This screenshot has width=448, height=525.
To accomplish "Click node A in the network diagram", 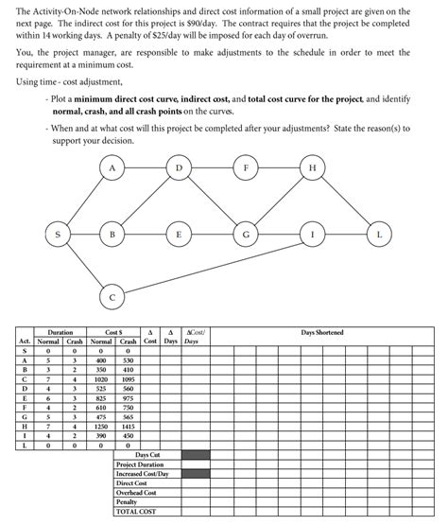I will [113, 168].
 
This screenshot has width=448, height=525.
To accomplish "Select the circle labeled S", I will [59, 233].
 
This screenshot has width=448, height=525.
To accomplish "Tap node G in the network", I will [247, 233].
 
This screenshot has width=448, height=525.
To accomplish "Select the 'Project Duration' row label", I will [140, 464].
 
